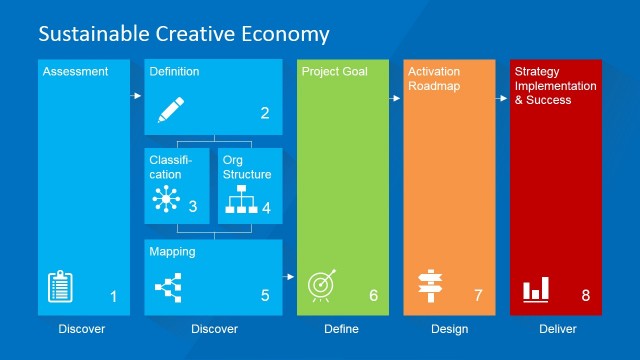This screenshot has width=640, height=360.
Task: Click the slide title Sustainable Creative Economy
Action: [183, 34]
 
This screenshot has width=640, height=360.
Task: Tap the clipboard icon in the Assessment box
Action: [60, 288]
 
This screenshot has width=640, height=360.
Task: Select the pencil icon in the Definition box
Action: [173, 109]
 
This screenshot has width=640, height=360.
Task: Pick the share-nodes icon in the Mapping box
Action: [165, 290]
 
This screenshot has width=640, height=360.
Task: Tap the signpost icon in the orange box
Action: [430, 287]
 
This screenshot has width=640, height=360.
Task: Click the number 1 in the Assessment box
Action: [113, 296]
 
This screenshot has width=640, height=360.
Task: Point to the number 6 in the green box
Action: [373, 296]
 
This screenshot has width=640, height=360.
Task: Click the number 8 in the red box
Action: [586, 296]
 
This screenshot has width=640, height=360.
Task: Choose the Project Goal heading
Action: [334, 72]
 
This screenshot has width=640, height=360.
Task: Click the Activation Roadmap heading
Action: [436, 79]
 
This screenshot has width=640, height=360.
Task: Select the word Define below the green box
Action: [341, 329]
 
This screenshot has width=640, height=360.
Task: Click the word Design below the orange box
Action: [449, 329]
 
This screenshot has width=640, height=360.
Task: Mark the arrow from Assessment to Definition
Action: [137, 96]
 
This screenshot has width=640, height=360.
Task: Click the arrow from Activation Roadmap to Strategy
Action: [502, 98]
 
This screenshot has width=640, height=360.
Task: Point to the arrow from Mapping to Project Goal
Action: [290, 277]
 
